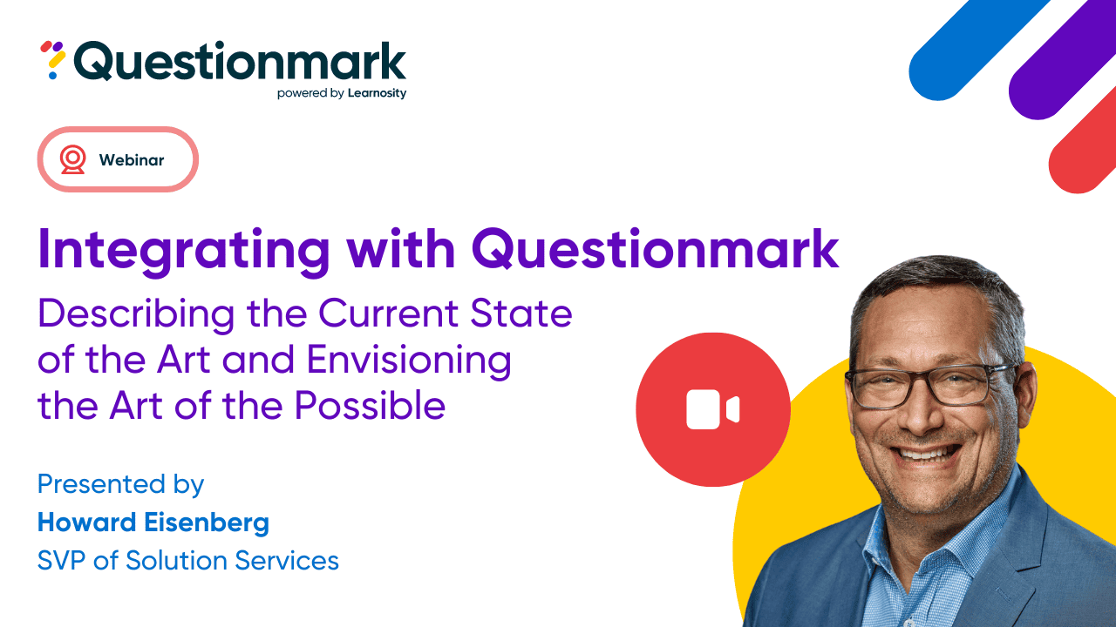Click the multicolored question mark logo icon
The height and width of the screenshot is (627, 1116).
point(53,60)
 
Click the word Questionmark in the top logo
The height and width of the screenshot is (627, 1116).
point(240,62)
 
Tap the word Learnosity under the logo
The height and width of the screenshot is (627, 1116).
point(377,93)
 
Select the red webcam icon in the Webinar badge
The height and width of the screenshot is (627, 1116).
point(73,159)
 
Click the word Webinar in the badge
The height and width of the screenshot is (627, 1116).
point(132,160)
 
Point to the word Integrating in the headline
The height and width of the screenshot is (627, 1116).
point(184,249)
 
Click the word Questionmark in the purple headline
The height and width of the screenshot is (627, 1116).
point(655,249)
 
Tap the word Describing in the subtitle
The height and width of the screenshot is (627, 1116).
point(136,313)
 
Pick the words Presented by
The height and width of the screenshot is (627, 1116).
point(120,484)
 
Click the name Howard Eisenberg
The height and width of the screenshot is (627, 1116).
point(153,522)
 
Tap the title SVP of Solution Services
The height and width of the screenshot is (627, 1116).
point(188,560)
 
